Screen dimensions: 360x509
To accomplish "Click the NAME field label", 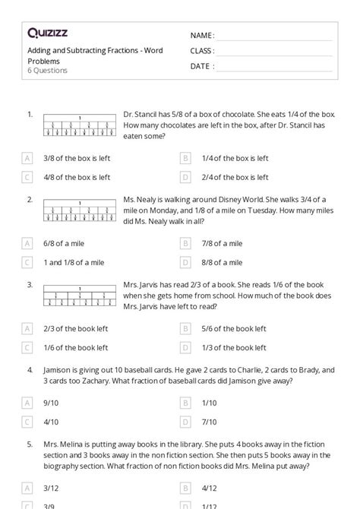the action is click(202, 36).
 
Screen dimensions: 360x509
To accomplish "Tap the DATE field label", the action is click(201, 66).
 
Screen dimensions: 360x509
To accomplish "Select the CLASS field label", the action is click(203, 51).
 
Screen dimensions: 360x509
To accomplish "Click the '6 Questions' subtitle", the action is click(47, 71).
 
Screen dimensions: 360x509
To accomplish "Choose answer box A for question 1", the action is click(27, 158).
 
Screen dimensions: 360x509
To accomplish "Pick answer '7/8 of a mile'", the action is click(222, 243).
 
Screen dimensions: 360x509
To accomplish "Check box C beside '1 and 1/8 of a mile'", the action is click(27, 262).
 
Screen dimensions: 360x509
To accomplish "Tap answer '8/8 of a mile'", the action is click(222, 262).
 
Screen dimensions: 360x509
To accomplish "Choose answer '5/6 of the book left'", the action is click(234, 328).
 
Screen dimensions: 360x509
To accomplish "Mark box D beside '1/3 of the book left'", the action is click(185, 347).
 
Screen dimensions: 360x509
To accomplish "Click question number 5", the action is click(30, 442).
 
